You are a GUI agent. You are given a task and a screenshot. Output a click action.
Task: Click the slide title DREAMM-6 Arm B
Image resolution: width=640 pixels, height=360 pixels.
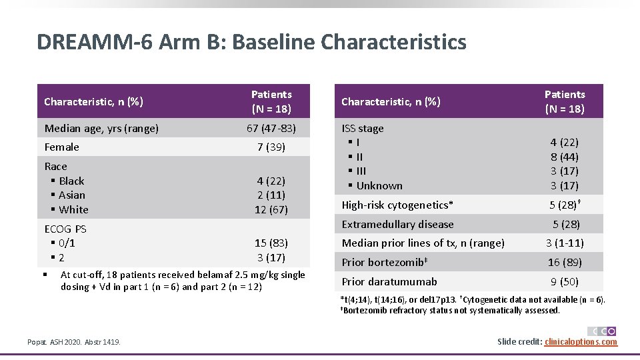(251, 42)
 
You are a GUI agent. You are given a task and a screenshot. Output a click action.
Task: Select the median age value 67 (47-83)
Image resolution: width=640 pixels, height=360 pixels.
(271, 129)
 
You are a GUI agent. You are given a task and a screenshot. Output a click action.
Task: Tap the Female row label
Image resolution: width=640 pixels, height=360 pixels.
(61, 147)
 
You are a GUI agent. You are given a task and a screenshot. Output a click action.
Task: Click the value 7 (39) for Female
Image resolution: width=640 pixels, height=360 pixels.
(271, 147)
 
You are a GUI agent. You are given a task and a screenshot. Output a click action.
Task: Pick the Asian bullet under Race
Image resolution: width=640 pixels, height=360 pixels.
(71, 195)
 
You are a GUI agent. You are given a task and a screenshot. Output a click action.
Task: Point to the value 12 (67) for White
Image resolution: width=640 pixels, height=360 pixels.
(271, 210)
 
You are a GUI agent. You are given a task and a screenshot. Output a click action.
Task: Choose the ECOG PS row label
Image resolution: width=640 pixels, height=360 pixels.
(65, 229)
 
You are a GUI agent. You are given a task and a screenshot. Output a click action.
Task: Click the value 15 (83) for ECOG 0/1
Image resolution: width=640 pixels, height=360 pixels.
(271, 243)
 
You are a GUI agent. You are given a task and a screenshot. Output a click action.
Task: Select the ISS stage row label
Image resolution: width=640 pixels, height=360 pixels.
(363, 129)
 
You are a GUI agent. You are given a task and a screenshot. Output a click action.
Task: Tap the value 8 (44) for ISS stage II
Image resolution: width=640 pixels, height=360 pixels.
(564, 157)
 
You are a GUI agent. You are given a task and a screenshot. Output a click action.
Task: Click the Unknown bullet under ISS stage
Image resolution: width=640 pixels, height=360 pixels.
(379, 186)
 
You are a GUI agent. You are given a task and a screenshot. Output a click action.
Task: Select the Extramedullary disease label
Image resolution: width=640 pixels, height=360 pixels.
(397, 225)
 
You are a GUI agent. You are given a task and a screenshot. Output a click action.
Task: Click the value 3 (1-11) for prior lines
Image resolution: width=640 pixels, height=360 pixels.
(564, 243)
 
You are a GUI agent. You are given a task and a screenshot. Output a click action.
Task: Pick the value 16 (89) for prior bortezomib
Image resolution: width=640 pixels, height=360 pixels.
(564, 263)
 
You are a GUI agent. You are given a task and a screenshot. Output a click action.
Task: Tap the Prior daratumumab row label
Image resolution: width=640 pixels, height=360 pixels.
(389, 282)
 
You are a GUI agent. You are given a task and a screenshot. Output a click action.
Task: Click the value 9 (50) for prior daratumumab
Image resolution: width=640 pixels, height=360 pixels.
(564, 282)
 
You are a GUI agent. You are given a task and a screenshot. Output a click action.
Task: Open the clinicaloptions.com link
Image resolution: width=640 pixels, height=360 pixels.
(581, 342)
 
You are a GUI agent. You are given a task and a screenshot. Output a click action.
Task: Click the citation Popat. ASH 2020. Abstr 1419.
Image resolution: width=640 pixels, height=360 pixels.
(74, 342)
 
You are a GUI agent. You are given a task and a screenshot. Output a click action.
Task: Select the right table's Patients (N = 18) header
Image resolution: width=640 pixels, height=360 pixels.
(564, 101)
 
